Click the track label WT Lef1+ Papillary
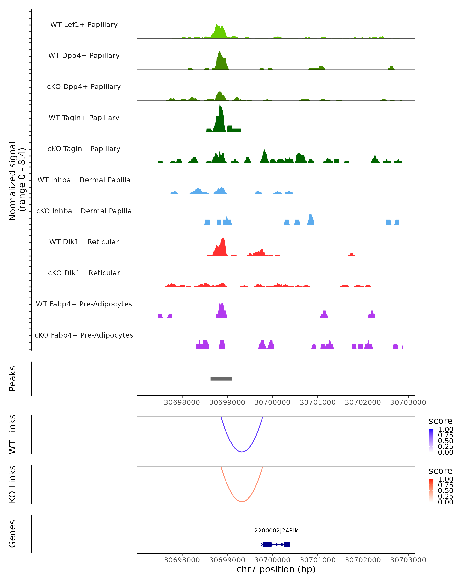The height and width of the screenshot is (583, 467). point(84,25)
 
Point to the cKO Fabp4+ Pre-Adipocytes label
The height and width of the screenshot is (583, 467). point(84,335)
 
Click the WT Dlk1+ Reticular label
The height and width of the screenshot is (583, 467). point(84,242)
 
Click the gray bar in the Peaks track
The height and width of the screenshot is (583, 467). point(221,379)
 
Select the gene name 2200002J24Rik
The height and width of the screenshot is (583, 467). point(276,531)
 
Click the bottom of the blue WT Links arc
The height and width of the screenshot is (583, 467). point(242,452)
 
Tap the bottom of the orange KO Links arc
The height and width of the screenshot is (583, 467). point(242,502)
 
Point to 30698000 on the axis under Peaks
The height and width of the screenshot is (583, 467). point(182,402)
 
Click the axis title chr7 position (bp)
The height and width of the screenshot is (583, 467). point(276,569)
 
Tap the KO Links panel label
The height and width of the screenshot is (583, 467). point(12,484)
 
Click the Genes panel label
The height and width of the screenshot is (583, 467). point(12,534)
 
